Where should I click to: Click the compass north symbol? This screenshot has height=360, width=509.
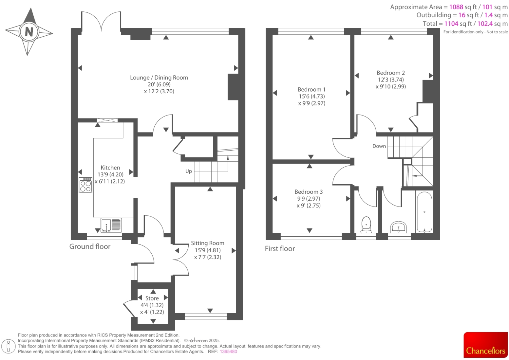(29, 32)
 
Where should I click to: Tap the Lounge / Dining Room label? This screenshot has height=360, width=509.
(159, 78)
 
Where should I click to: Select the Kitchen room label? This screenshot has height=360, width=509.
(110, 168)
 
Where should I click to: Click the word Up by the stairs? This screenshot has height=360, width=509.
(189, 171)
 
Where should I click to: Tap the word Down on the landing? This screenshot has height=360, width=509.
(379, 146)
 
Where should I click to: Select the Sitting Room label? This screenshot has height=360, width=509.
(207, 243)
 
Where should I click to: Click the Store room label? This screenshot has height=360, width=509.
(152, 298)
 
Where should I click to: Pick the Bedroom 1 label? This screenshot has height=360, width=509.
(311, 89)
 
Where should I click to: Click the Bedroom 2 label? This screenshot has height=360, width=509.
(390, 73)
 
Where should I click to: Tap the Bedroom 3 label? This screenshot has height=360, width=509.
(309, 192)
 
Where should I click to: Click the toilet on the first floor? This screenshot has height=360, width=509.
(366, 225)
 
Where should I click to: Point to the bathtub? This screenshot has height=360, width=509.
(424, 212)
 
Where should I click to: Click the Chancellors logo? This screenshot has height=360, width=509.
(485, 345)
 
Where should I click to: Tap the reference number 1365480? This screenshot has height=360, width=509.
(228, 351)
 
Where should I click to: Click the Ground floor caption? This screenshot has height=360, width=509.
(90, 246)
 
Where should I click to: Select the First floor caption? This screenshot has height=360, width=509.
(280, 249)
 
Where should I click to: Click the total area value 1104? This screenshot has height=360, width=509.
(451, 24)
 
